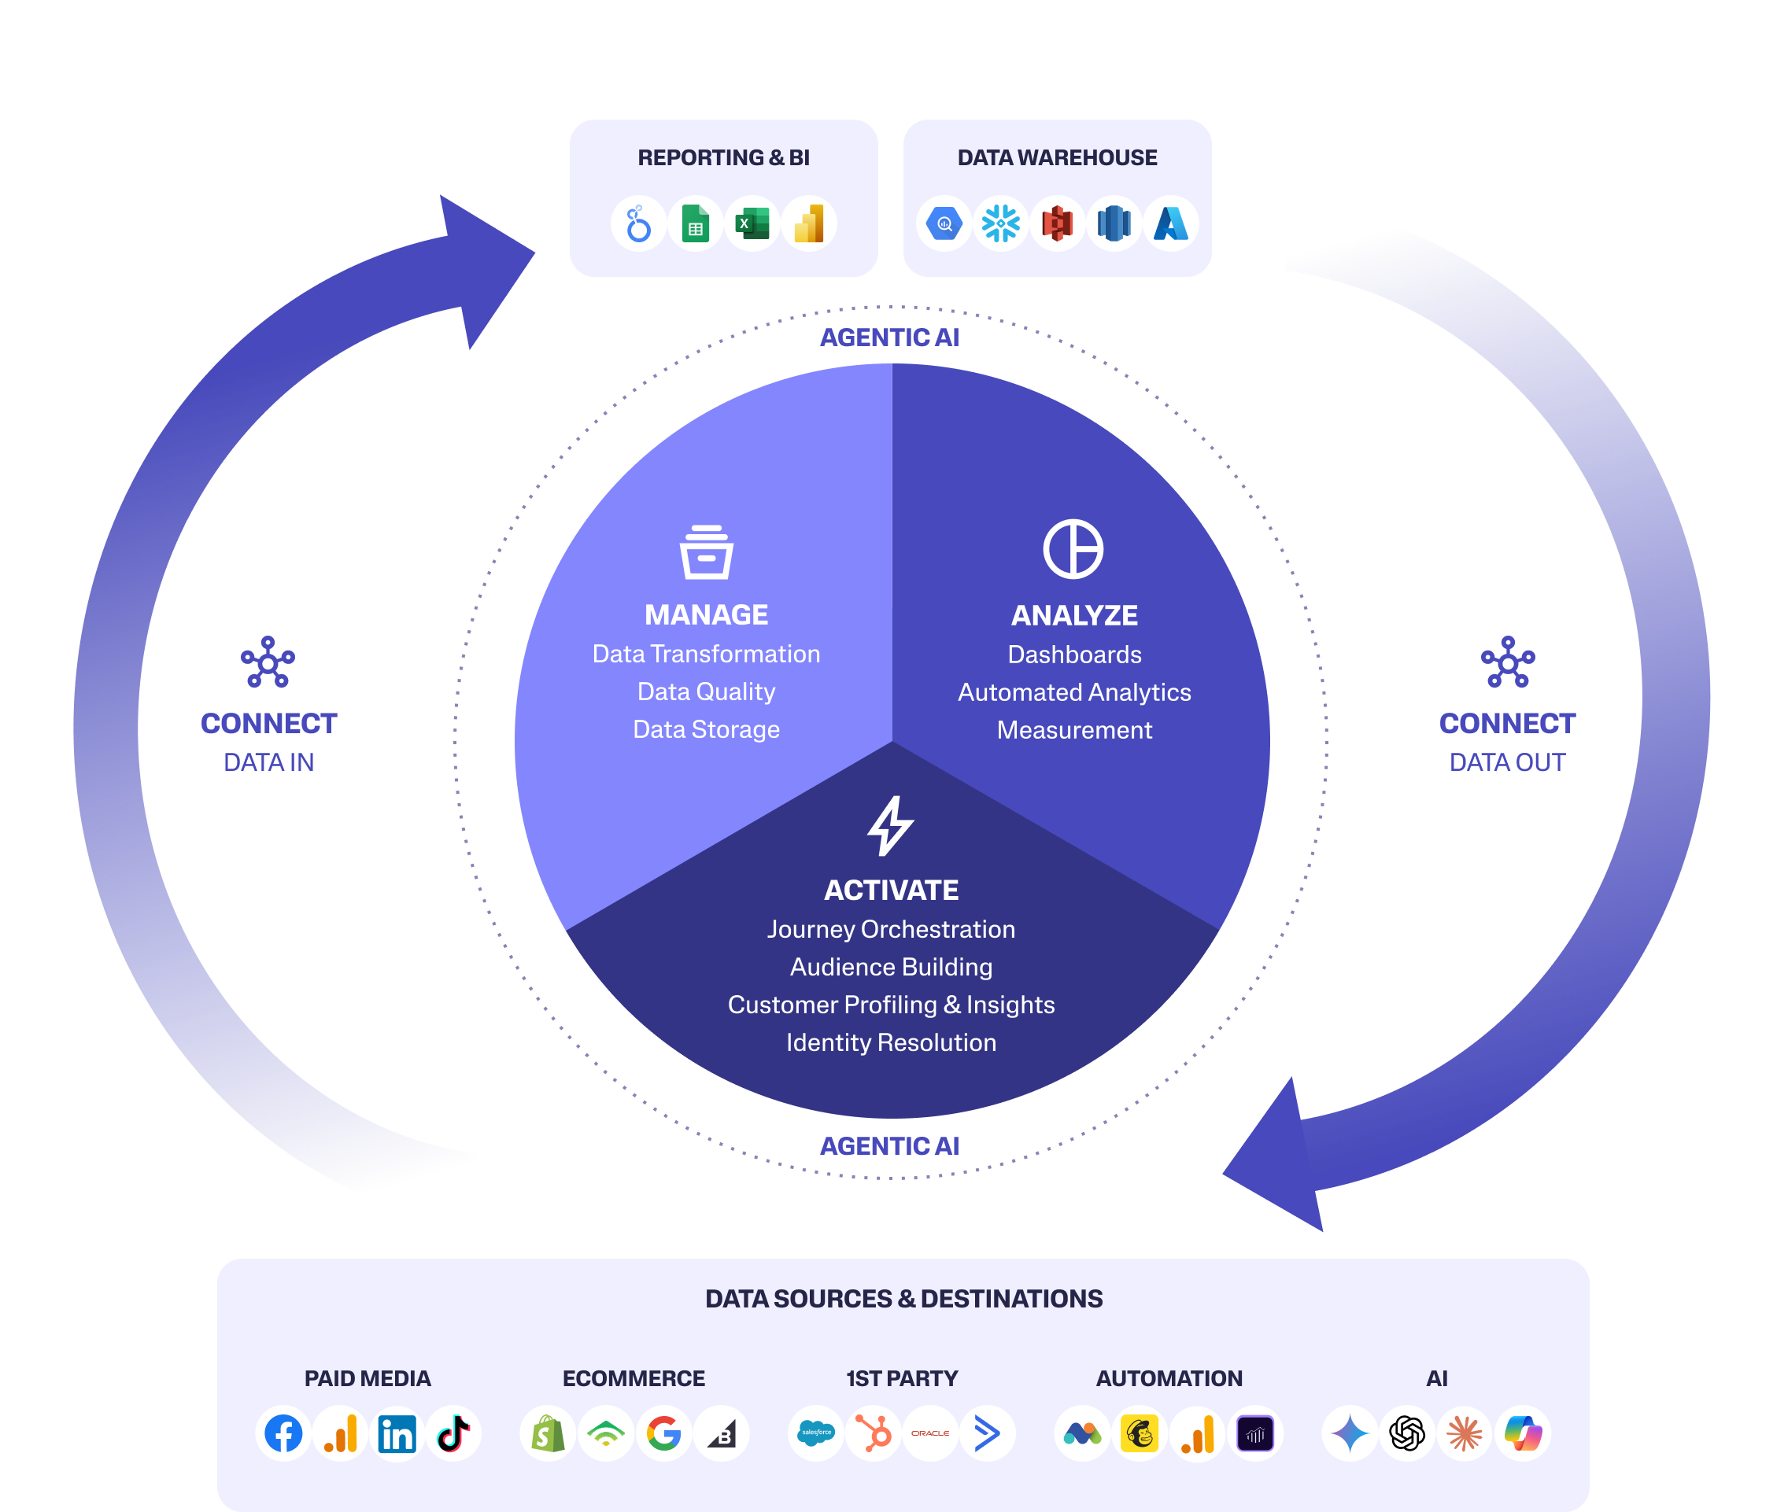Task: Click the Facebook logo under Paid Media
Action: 283,1433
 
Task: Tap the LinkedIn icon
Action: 397,1433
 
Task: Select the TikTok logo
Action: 453,1433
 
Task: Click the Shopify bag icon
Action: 548,1433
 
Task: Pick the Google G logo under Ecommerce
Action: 663,1433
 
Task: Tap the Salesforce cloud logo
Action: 815,1433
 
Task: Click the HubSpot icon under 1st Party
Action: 873,1433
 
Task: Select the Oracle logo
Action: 929,1433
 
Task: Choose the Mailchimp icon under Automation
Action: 1140,1433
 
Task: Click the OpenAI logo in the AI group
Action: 1407,1433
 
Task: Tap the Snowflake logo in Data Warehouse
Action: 1001,223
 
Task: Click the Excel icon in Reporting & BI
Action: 752,223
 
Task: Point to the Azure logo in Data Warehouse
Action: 1170,223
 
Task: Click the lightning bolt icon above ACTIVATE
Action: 891,825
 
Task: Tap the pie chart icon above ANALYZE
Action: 1073,548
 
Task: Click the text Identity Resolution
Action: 891,1042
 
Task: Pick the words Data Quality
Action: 706,691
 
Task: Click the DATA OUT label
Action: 1507,762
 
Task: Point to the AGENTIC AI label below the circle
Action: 889,1146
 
